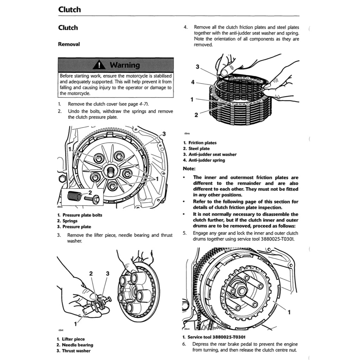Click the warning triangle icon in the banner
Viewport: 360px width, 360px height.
coord(100,65)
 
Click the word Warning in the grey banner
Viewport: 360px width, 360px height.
coord(124,65)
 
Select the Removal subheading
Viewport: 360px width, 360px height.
coord(69,44)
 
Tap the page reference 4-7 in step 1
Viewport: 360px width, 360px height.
coord(143,104)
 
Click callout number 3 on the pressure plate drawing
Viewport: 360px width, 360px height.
coord(164,134)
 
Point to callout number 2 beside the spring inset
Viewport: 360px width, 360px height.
coord(90,193)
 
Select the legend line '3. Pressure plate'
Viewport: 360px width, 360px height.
coord(74,227)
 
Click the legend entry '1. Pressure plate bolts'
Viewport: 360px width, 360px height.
coord(79,215)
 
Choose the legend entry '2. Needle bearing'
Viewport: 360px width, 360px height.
coord(75,345)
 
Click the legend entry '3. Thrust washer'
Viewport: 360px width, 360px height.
coord(73,351)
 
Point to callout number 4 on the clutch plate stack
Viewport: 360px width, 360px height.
coord(193,82)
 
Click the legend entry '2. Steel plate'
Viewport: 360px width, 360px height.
coord(196,149)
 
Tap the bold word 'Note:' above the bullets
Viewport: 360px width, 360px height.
coord(189,168)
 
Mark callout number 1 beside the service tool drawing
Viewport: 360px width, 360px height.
coord(289,311)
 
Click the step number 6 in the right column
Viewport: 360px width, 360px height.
coord(184,344)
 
